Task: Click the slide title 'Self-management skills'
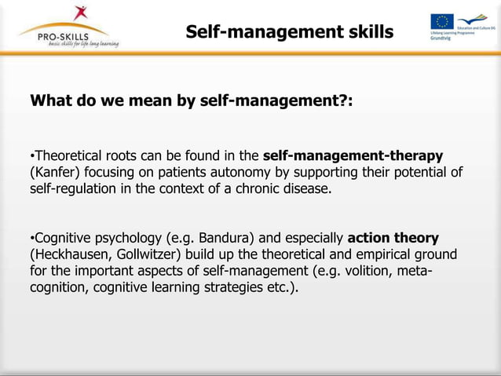coord(289,32)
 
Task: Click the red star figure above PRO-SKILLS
coord(79,13)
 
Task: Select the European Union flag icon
coord(441,22)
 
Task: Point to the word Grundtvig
coord(441,38)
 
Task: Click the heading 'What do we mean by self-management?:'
coord(191,102)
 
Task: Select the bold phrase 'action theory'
coord(393,238)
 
